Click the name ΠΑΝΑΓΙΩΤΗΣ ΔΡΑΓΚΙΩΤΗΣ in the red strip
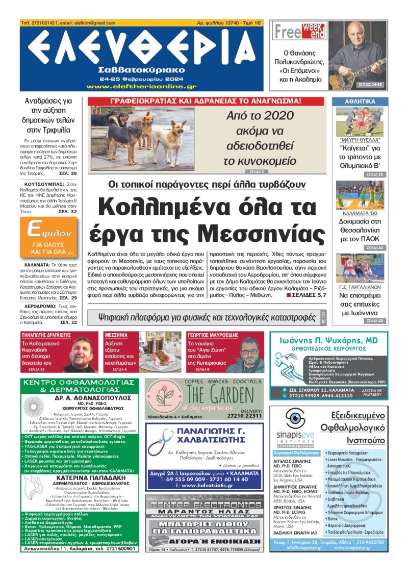click(46, 335)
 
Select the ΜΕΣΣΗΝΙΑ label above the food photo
click(116, 335)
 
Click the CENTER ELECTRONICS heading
click(205, 505)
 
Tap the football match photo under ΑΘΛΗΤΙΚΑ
click(360, 121)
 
